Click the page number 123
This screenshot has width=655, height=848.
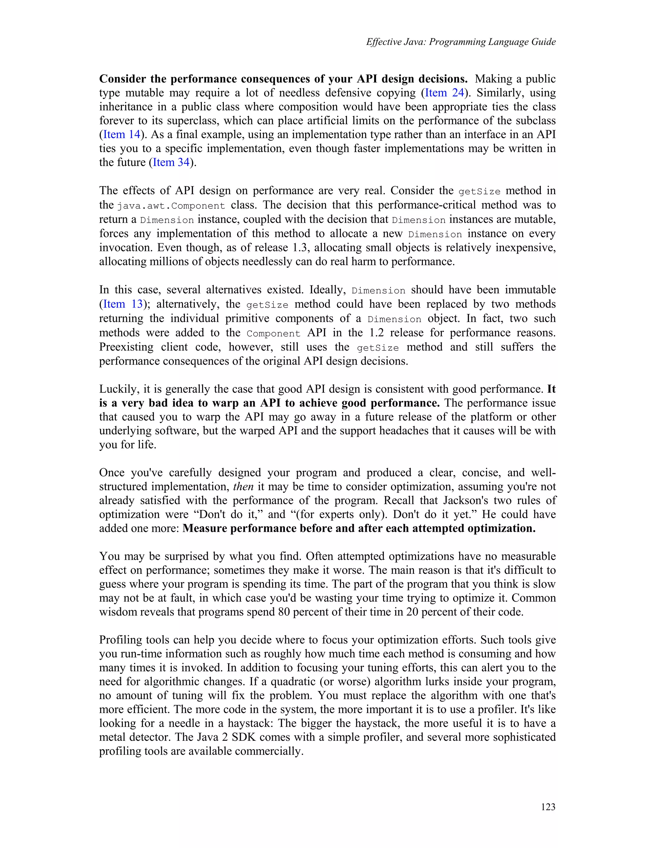pyautogui.click(x=548, y=807)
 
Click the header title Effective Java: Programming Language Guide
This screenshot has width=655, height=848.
pyautogui.click(x=461, y=42)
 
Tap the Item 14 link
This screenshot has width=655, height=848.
pyautogui.click(x=122, y=135)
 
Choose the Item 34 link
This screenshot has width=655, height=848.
pyautogui.click(x=171, y=162)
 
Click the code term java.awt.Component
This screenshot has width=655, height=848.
pyautogui.click(x=171, y=205)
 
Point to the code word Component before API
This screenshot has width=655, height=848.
pyautogui.click(x=273, y=333)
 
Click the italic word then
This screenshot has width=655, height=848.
pyautogui.click(x=243, y=486)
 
